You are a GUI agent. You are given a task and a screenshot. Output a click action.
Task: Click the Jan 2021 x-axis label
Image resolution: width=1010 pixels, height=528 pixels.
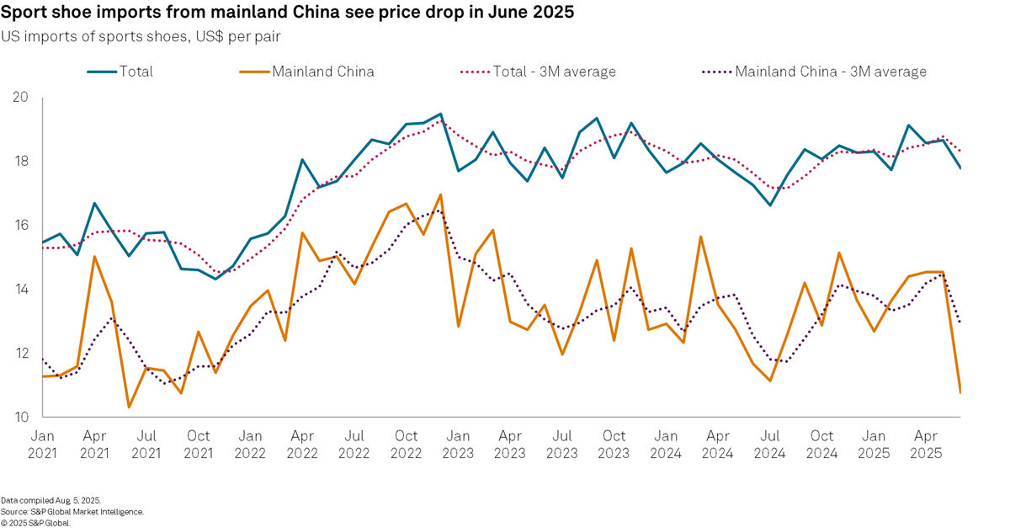(43, 445)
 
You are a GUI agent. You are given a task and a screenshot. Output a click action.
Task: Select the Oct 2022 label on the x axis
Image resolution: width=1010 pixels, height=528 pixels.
(407, 445)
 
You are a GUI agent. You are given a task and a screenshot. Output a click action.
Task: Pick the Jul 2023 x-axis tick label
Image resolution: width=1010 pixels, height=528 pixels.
(562, 445)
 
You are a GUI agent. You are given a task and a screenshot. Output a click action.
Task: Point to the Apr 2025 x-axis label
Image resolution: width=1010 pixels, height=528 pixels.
(926, 445)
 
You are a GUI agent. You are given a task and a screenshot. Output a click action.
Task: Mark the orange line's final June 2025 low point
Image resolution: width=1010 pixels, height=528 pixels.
(960, 392)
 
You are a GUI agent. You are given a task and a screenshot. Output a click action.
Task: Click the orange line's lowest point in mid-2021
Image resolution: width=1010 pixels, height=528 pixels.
(130, 408)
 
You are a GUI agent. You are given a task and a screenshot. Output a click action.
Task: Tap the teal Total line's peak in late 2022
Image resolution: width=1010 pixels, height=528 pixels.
(441, 114)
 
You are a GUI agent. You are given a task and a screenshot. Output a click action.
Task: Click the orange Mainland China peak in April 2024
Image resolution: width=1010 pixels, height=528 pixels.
(700, 237)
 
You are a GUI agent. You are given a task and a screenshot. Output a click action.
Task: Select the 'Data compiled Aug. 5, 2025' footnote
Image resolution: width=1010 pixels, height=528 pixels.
(50, 500)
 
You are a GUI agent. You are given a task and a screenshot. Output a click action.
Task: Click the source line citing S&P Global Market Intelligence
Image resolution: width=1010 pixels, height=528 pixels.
(72, 511)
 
